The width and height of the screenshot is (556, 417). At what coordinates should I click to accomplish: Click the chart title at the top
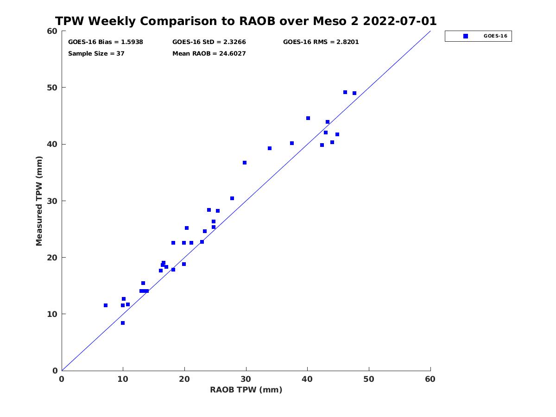(x=246, y=21)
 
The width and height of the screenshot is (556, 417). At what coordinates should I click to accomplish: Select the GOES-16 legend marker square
(x=466, y=36)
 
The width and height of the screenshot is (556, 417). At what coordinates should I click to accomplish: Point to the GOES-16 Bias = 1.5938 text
(x=106, y=42)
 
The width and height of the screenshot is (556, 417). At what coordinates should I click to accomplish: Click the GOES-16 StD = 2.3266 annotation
(x=209, y=42)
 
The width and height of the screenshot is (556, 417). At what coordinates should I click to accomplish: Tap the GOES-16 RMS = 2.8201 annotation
(x=321, y=42)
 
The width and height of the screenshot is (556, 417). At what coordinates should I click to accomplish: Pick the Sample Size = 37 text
(x=96, y=54)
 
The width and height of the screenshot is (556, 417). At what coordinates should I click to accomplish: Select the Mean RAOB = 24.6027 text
(x=209, y=54)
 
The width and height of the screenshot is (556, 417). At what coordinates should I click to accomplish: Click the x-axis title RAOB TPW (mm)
(x=246, y=390)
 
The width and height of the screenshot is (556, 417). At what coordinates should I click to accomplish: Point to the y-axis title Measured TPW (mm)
(x=39, y=201)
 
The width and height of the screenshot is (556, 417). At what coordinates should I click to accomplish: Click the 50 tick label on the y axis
(x=53, y=88)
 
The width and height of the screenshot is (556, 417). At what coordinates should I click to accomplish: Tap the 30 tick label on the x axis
(x=246, y=379)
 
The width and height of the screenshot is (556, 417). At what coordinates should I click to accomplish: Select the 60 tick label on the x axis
(x=430, y=379)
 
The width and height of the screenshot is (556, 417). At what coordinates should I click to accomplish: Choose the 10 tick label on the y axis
(x=53, y=314)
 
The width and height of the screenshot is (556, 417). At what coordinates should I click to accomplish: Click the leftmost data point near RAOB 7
(x=106, y=305)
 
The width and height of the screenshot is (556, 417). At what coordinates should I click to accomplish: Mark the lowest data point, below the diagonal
(x=123, y=323)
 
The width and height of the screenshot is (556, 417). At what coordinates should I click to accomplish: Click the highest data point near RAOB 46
(x=345, y=92)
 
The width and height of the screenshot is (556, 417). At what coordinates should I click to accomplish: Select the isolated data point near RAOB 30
(x=245, y=163)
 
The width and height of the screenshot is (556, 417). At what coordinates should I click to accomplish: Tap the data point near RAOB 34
(x=270, y=148)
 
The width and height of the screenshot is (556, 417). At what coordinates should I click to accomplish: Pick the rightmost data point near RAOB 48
(x=354, y=94)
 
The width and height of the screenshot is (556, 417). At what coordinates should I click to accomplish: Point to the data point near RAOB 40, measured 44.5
(x=308, y=118)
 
